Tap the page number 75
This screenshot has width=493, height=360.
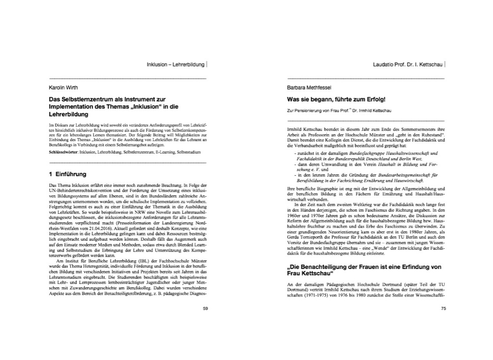point(443,308)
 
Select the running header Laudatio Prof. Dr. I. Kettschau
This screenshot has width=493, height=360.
point(408,64)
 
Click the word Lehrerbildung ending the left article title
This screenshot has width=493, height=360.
point(69,115)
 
